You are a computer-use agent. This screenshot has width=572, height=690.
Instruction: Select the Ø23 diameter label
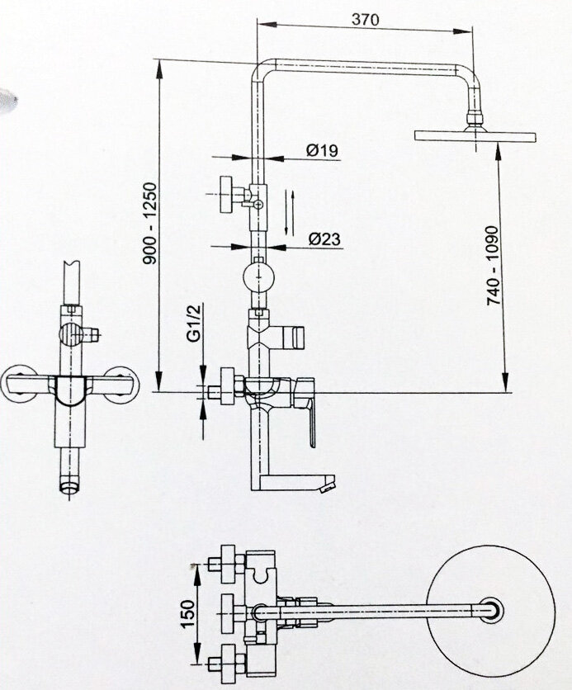tap(325, 240)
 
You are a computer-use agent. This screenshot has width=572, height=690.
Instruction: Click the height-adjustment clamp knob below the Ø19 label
tap(228, 194)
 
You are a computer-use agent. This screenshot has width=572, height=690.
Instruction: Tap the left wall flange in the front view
tap(18, 384)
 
